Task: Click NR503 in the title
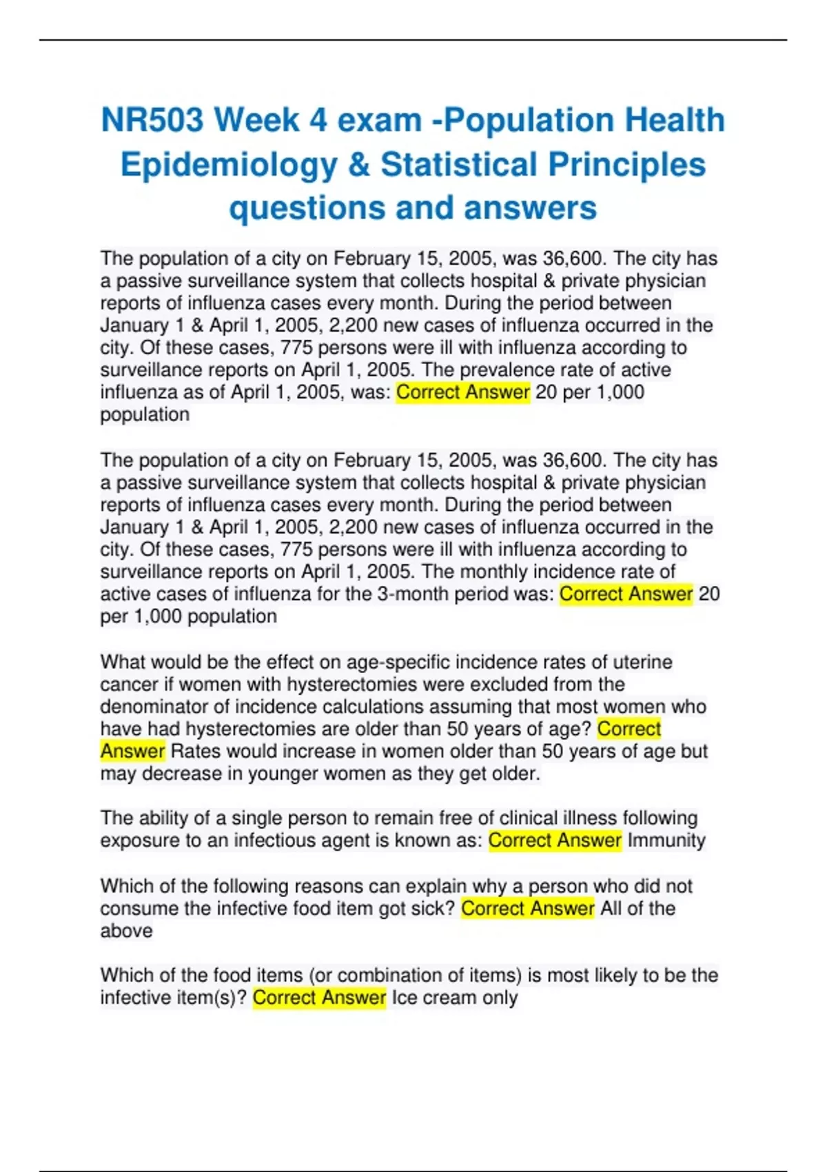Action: pos(152,120)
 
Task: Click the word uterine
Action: pos(639,662)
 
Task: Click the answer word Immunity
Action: pos(666,840)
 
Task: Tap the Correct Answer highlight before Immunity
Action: pos(555,840)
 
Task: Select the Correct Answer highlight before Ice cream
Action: pos(319,998)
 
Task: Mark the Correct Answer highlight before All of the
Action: pos(527,909)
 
